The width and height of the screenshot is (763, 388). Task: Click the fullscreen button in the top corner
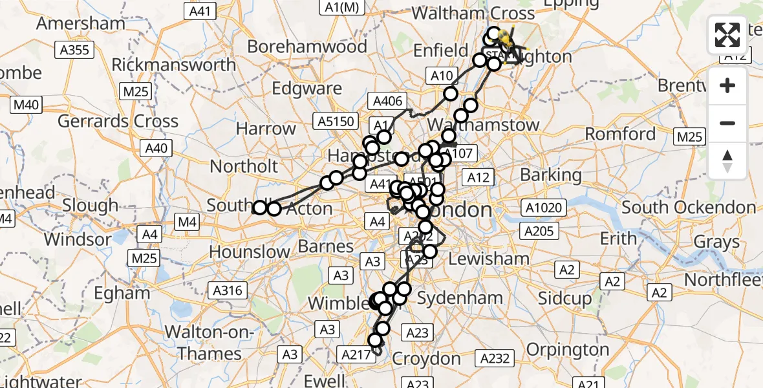[727, 35]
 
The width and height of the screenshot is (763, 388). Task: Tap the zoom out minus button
[727, 123]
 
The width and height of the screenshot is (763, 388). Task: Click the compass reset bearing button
[727, 161]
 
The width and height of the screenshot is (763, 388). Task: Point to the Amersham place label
[81, 23]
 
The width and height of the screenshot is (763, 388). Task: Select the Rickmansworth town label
[174, 65]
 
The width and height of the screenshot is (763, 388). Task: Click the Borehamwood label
[307, 47]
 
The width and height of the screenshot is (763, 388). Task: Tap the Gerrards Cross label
[118, 121]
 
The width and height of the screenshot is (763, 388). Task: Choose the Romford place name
[621, 134]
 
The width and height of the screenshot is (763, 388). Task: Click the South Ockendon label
[689, 208]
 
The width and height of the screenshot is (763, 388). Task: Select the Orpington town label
[568, 350]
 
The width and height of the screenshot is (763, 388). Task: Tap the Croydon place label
[426, 358]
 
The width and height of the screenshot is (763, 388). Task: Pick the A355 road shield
[75, 49]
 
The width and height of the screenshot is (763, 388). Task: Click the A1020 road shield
[545, 208]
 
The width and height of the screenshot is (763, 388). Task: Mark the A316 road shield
[226, 290]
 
